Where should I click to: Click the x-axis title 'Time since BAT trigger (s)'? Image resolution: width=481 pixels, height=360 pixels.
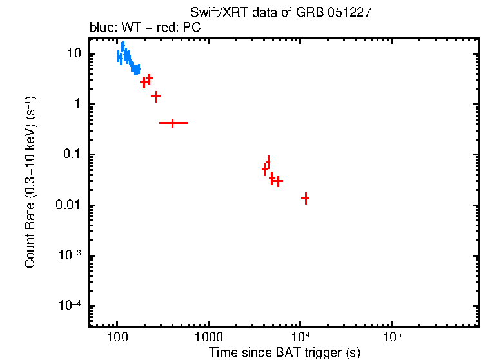(x=284, y=352)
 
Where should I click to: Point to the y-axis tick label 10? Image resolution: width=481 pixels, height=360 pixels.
(x=74, y=54)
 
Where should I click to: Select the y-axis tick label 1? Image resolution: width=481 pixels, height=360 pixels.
(x=79, y=105)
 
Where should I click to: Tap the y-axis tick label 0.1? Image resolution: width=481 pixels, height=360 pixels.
(x=73, y=155)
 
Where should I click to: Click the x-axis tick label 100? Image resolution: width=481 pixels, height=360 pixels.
(x=117, y=337)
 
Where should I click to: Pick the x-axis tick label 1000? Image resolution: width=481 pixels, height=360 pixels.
(x=208, y=337)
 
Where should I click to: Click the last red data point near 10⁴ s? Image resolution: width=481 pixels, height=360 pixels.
(x=305, y=198)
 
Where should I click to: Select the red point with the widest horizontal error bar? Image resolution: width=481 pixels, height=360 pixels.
(x=173, y=123)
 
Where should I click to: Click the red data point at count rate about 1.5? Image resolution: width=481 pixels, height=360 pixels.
(x=155, y=95)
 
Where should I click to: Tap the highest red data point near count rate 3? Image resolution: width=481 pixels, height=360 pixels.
(x=150, y=79)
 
